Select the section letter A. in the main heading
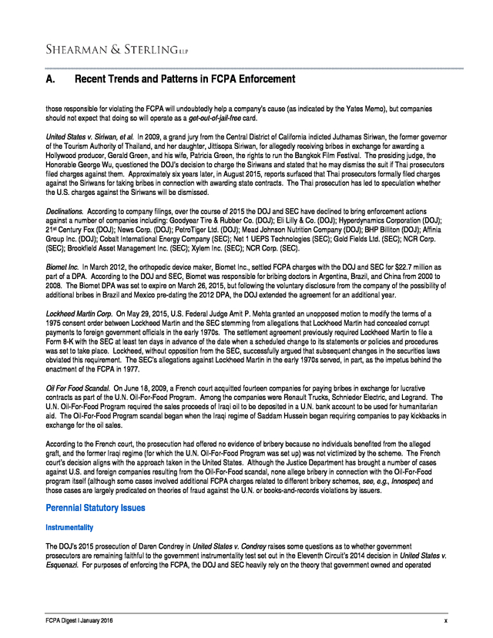(51, 79)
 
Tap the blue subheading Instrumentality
(70, 528)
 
